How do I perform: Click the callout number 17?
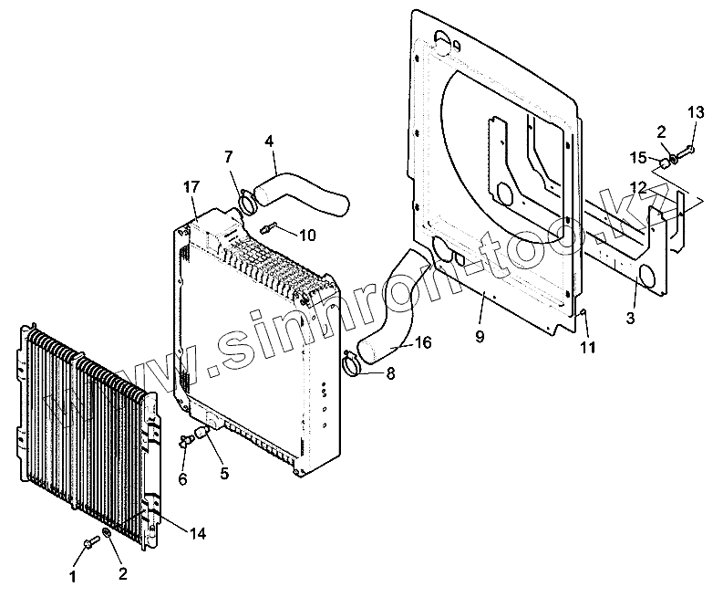pyautogui.click(x=191, y=187)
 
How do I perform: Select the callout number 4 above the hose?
pyautogui.click(x=269, y=141)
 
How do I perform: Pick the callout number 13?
pyautogui.click(x=696, y=112)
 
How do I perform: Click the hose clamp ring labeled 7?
pyautogui.click(x=244, y=200)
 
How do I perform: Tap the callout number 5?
pyautogui.click(x=223, y=473)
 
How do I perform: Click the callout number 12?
pyautogui.click(x=639, y=186)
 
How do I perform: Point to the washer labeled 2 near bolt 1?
pyautogui.click(x=108, y=532)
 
